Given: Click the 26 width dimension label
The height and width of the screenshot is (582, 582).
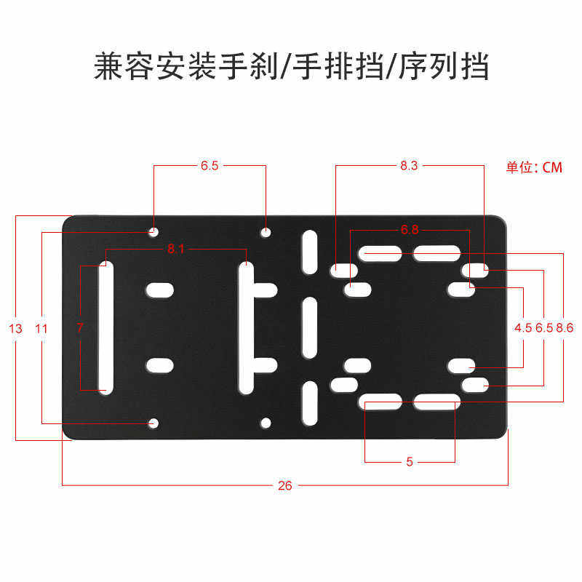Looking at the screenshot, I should point(284,486).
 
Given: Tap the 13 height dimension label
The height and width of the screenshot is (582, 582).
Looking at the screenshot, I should point(16,329).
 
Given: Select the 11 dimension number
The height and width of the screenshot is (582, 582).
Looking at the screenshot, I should point(41,329).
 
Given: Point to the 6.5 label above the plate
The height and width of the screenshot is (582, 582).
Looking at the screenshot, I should point(210,166).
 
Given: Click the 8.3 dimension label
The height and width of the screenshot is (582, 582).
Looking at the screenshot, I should point(409,166).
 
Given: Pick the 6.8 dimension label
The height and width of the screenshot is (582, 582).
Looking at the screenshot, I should point(410,231).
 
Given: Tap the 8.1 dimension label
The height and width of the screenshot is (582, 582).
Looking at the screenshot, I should point(176,250).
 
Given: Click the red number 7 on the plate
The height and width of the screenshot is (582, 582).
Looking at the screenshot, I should point(80,328).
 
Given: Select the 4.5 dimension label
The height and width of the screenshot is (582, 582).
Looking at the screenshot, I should point(523,328).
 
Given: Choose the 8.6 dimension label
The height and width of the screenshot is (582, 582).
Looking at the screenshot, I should point(565,328).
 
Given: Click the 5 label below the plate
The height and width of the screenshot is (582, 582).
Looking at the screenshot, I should point(410,462).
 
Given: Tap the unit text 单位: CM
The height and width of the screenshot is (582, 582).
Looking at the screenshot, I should point(535,167).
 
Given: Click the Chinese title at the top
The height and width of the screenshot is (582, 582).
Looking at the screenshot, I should point(291,67).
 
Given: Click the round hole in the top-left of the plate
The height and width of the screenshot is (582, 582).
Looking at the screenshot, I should point(154,232).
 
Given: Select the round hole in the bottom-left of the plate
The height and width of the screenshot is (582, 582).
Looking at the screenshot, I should point(154,423).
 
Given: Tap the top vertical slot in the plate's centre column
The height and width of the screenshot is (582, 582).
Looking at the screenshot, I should point(310,251).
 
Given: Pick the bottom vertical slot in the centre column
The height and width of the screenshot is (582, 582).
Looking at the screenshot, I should point(310,402).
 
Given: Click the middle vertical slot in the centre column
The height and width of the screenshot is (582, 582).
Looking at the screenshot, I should point(310,327).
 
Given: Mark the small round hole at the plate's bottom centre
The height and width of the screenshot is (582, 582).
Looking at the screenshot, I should point(266,422).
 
